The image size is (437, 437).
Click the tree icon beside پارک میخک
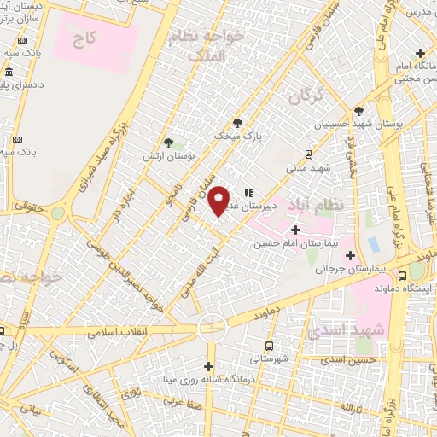click(249, 122)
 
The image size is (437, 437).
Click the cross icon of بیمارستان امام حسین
click(296, 230)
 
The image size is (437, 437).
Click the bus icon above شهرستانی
click(270, 346)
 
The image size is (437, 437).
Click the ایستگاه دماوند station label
click(411, 288)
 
